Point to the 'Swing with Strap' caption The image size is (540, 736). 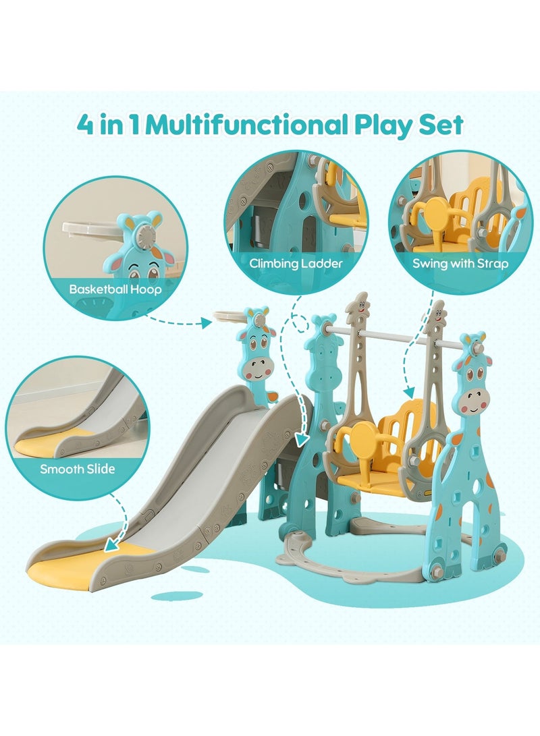pos(460,263)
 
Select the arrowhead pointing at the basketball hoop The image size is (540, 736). pos(208,324)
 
